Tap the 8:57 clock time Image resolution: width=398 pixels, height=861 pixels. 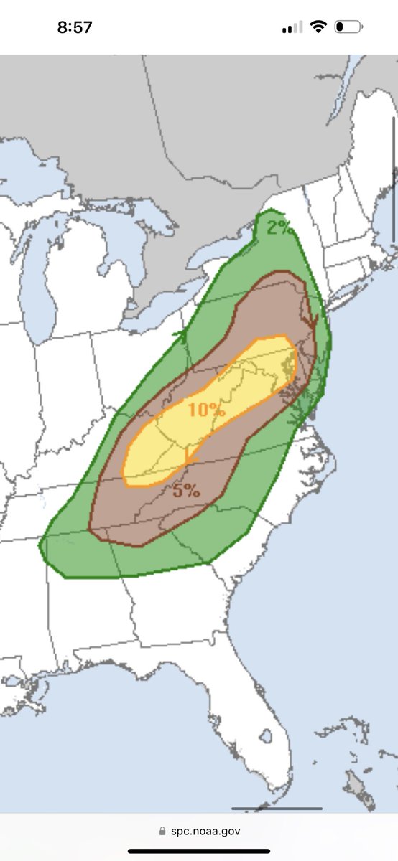[75, 27]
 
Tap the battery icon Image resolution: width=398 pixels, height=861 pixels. [348, 27]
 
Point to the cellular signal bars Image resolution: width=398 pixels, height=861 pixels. [292, 28]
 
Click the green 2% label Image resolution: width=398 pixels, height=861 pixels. [280, 228]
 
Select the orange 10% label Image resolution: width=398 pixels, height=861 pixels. [207, 410]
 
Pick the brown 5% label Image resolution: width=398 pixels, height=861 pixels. [185, 491]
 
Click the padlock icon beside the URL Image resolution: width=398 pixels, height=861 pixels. [162, 831]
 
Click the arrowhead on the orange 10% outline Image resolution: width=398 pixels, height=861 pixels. [188, 456]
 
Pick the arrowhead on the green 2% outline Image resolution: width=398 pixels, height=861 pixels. [181, 333]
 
